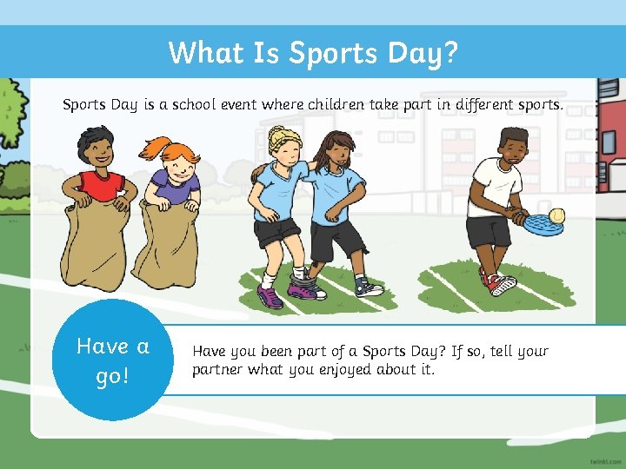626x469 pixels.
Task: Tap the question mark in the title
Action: (x=448, y=53)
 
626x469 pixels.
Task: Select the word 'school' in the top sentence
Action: (x=197, y=105)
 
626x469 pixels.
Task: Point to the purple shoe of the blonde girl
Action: (x=270, y=297)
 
